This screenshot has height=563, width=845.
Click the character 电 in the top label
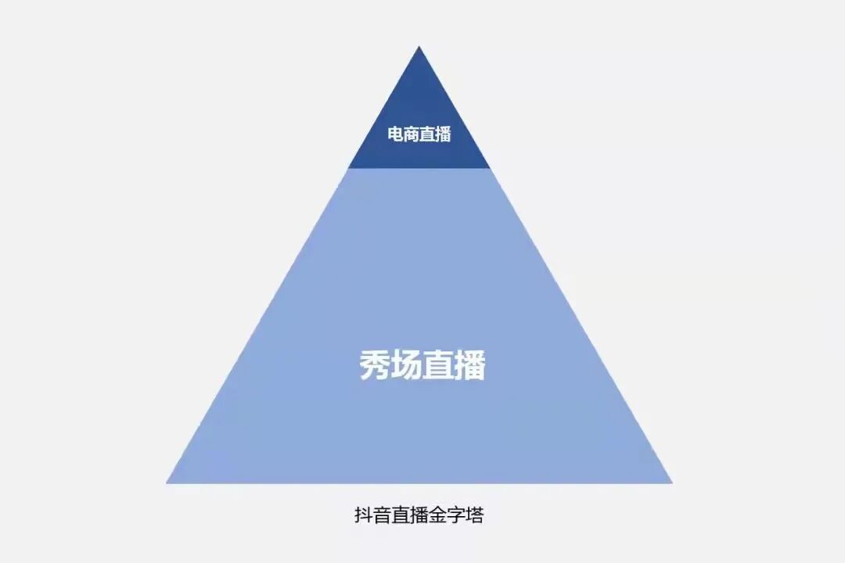coord(396,134)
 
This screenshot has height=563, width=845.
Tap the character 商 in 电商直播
coord(412,134)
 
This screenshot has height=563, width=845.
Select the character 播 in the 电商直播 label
coord(444,134)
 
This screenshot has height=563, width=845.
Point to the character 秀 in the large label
coord(376,365)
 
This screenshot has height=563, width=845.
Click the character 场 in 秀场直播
coord(407,365)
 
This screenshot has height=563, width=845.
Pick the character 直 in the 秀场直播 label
coord(438,365)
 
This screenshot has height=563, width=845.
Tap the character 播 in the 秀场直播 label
coord(469,365)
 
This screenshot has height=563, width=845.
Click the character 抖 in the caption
coord(364,516)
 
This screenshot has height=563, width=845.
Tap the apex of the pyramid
coord(419,47)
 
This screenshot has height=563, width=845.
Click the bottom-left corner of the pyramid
coord(167,482)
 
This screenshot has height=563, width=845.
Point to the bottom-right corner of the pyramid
coord(671,482)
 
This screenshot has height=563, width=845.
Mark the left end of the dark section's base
coord(349,167)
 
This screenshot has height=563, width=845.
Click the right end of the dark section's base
coord(490,167)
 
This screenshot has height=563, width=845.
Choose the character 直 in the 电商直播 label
coord(428,134)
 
